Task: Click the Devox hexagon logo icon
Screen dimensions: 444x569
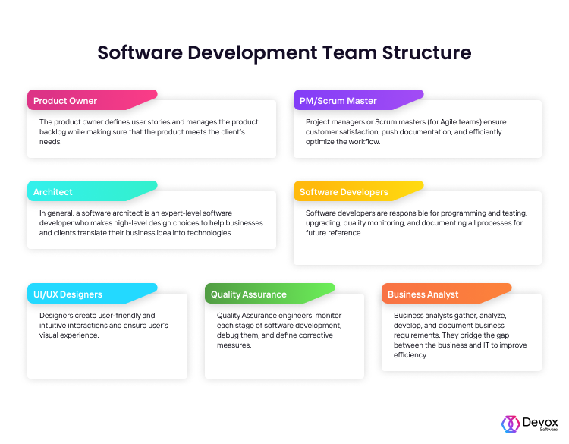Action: (x=510, y=424)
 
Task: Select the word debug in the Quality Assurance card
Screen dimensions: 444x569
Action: (x=228, y=335)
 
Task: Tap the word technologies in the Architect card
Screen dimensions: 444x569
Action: (x=206, y=233)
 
